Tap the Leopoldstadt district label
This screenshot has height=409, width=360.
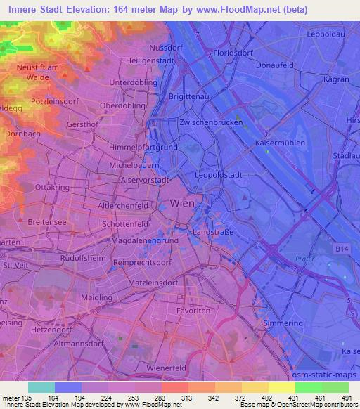coord(219,174)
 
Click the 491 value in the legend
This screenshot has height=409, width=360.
coord(345,398)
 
